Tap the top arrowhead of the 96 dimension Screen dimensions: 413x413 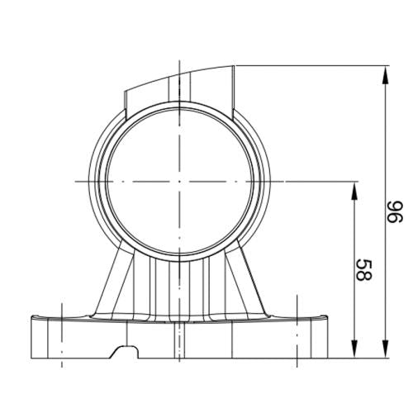tap(385, 71)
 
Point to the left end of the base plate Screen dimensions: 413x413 tap(31, 335)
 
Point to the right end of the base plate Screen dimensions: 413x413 tap(327, 335)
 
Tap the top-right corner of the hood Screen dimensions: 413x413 tap(235, 65)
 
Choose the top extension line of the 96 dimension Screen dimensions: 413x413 tap(314, 65)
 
